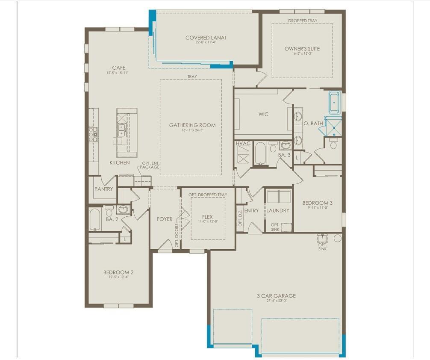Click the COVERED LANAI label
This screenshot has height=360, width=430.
(x=206, y=38)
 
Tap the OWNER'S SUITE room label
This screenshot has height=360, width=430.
(x=302, y=49)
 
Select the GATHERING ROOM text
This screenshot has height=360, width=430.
(x=192, y=125)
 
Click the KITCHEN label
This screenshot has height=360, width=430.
(x=119, y=163)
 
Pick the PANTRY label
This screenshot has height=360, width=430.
(x=104, y=189)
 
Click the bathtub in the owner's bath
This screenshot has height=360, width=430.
(x=334, y=102)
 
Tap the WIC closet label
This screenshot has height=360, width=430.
(x=264, y=115)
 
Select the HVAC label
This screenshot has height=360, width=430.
(x=243, y=144)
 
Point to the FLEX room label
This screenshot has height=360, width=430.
(x=207, y=217)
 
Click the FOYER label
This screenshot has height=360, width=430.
(x=165, y=219)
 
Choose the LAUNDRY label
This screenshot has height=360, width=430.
(x=278, y=210)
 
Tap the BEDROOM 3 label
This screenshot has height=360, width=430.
(x=318, y=203)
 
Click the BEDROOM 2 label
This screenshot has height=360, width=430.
(x=118, y=272)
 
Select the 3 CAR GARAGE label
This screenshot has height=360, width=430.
(x=276, y=296)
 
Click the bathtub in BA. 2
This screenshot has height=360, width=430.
(x=95, y=220)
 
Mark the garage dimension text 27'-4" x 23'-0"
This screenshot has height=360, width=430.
(x=276, y=301)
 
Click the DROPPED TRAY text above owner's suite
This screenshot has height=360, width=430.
(x=302, y=21)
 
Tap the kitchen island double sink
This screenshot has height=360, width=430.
(x=121, y=130)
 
